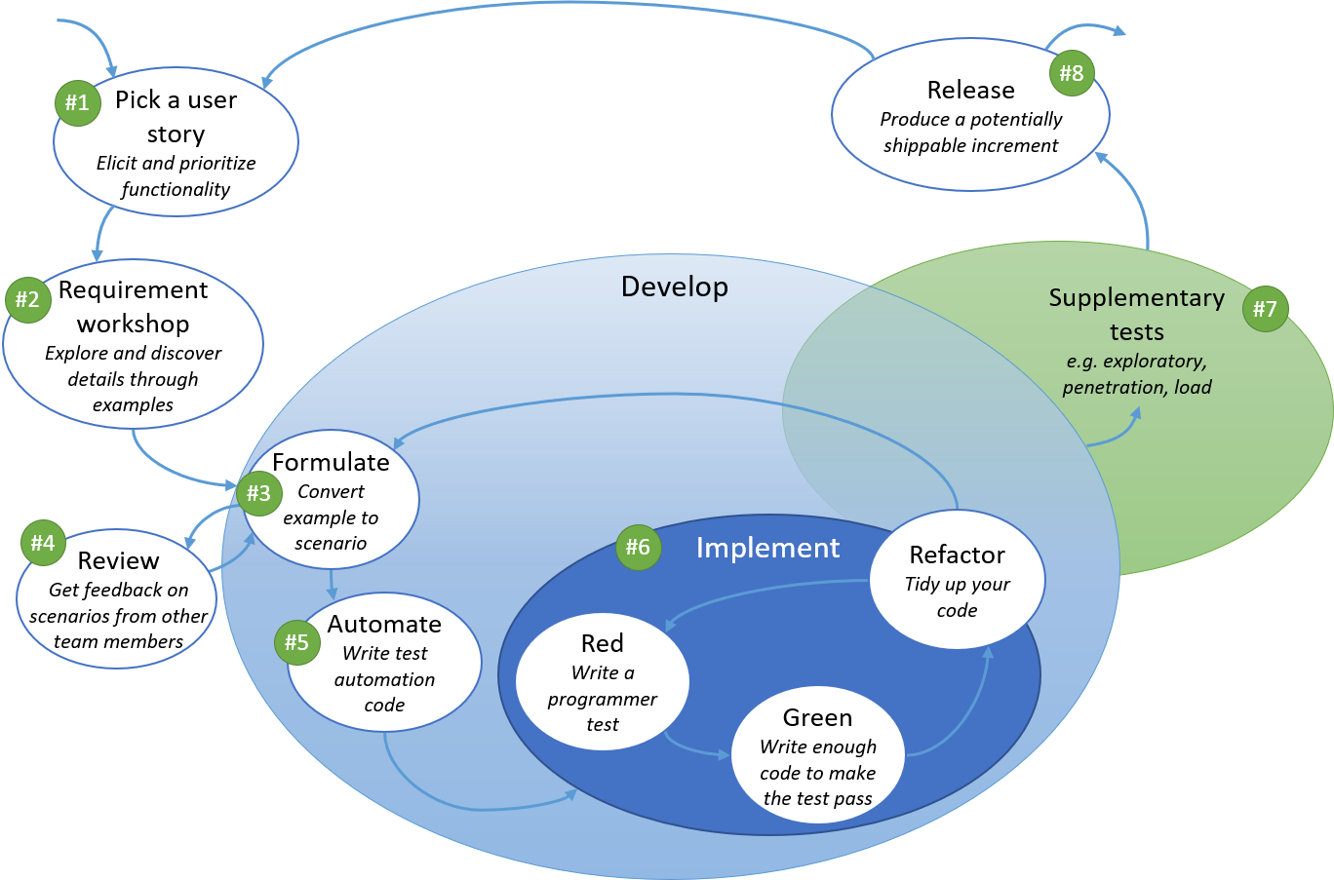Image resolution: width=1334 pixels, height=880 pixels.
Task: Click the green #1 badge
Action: coord(77,103)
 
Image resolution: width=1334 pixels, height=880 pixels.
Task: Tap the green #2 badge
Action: coord(28,300)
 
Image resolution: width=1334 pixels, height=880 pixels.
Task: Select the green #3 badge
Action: coord(259,493)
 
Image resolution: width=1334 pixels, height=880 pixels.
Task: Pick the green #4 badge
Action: coord(44,543)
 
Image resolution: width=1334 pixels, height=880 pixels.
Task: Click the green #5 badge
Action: coord(297,642)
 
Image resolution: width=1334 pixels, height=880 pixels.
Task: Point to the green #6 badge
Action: coord(639,548)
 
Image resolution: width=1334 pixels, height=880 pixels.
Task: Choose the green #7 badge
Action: coord(1266,309)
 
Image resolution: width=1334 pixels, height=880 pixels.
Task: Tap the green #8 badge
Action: coord(1072,73)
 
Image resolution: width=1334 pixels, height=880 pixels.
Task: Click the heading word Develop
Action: coord(674,287)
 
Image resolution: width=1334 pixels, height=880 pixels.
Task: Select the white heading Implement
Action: coord(767,548)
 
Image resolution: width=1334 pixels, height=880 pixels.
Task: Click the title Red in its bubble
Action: coord(602,643)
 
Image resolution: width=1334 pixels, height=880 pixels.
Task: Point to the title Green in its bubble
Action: coord(817,717)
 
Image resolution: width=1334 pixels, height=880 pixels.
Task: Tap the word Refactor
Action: coord(957,555)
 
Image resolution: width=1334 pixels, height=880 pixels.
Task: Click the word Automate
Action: coord(384,624)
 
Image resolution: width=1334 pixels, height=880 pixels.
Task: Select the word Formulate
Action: coord(331,462)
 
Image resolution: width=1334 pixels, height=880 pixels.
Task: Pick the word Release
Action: coord(970,90)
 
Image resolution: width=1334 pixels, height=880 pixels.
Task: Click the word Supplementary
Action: coord(1136,297)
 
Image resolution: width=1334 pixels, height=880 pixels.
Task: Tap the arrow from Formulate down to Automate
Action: coord(332,584)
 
